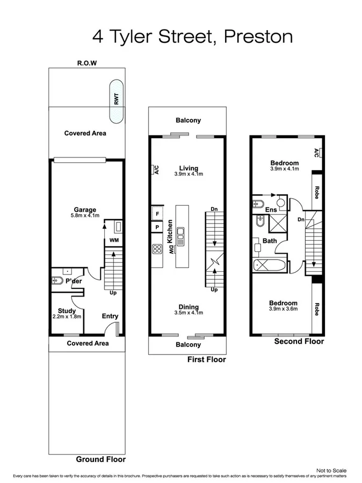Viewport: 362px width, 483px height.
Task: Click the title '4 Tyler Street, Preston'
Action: pos(193,37)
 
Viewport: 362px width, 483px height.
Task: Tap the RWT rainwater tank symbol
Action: pos(115,101)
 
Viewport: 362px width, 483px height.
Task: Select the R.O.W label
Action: pos(86,63)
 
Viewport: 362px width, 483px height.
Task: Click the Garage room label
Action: pos(85,210)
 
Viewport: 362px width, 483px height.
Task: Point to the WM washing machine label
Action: pos(114,240)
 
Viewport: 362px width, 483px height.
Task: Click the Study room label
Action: pos(67,311)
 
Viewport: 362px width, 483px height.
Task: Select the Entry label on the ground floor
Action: pos(110,316)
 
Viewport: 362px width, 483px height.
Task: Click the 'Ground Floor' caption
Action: pos(100,459)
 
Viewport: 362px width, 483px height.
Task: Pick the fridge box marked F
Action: pos(157,213)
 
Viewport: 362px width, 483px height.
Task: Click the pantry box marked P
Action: pos(157,227)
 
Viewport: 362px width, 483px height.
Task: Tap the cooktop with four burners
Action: pos(158,248)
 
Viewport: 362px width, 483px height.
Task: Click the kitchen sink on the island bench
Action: pos(182,235)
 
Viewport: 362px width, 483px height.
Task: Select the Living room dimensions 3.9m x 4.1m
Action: pos(189,174)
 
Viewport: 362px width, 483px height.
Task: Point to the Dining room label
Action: pos(189,306)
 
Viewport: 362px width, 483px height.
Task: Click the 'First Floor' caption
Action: pos(206,359)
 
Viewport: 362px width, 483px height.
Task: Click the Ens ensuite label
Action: pos(271,209)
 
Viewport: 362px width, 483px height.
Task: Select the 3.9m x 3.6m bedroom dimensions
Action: pos(284,309)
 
